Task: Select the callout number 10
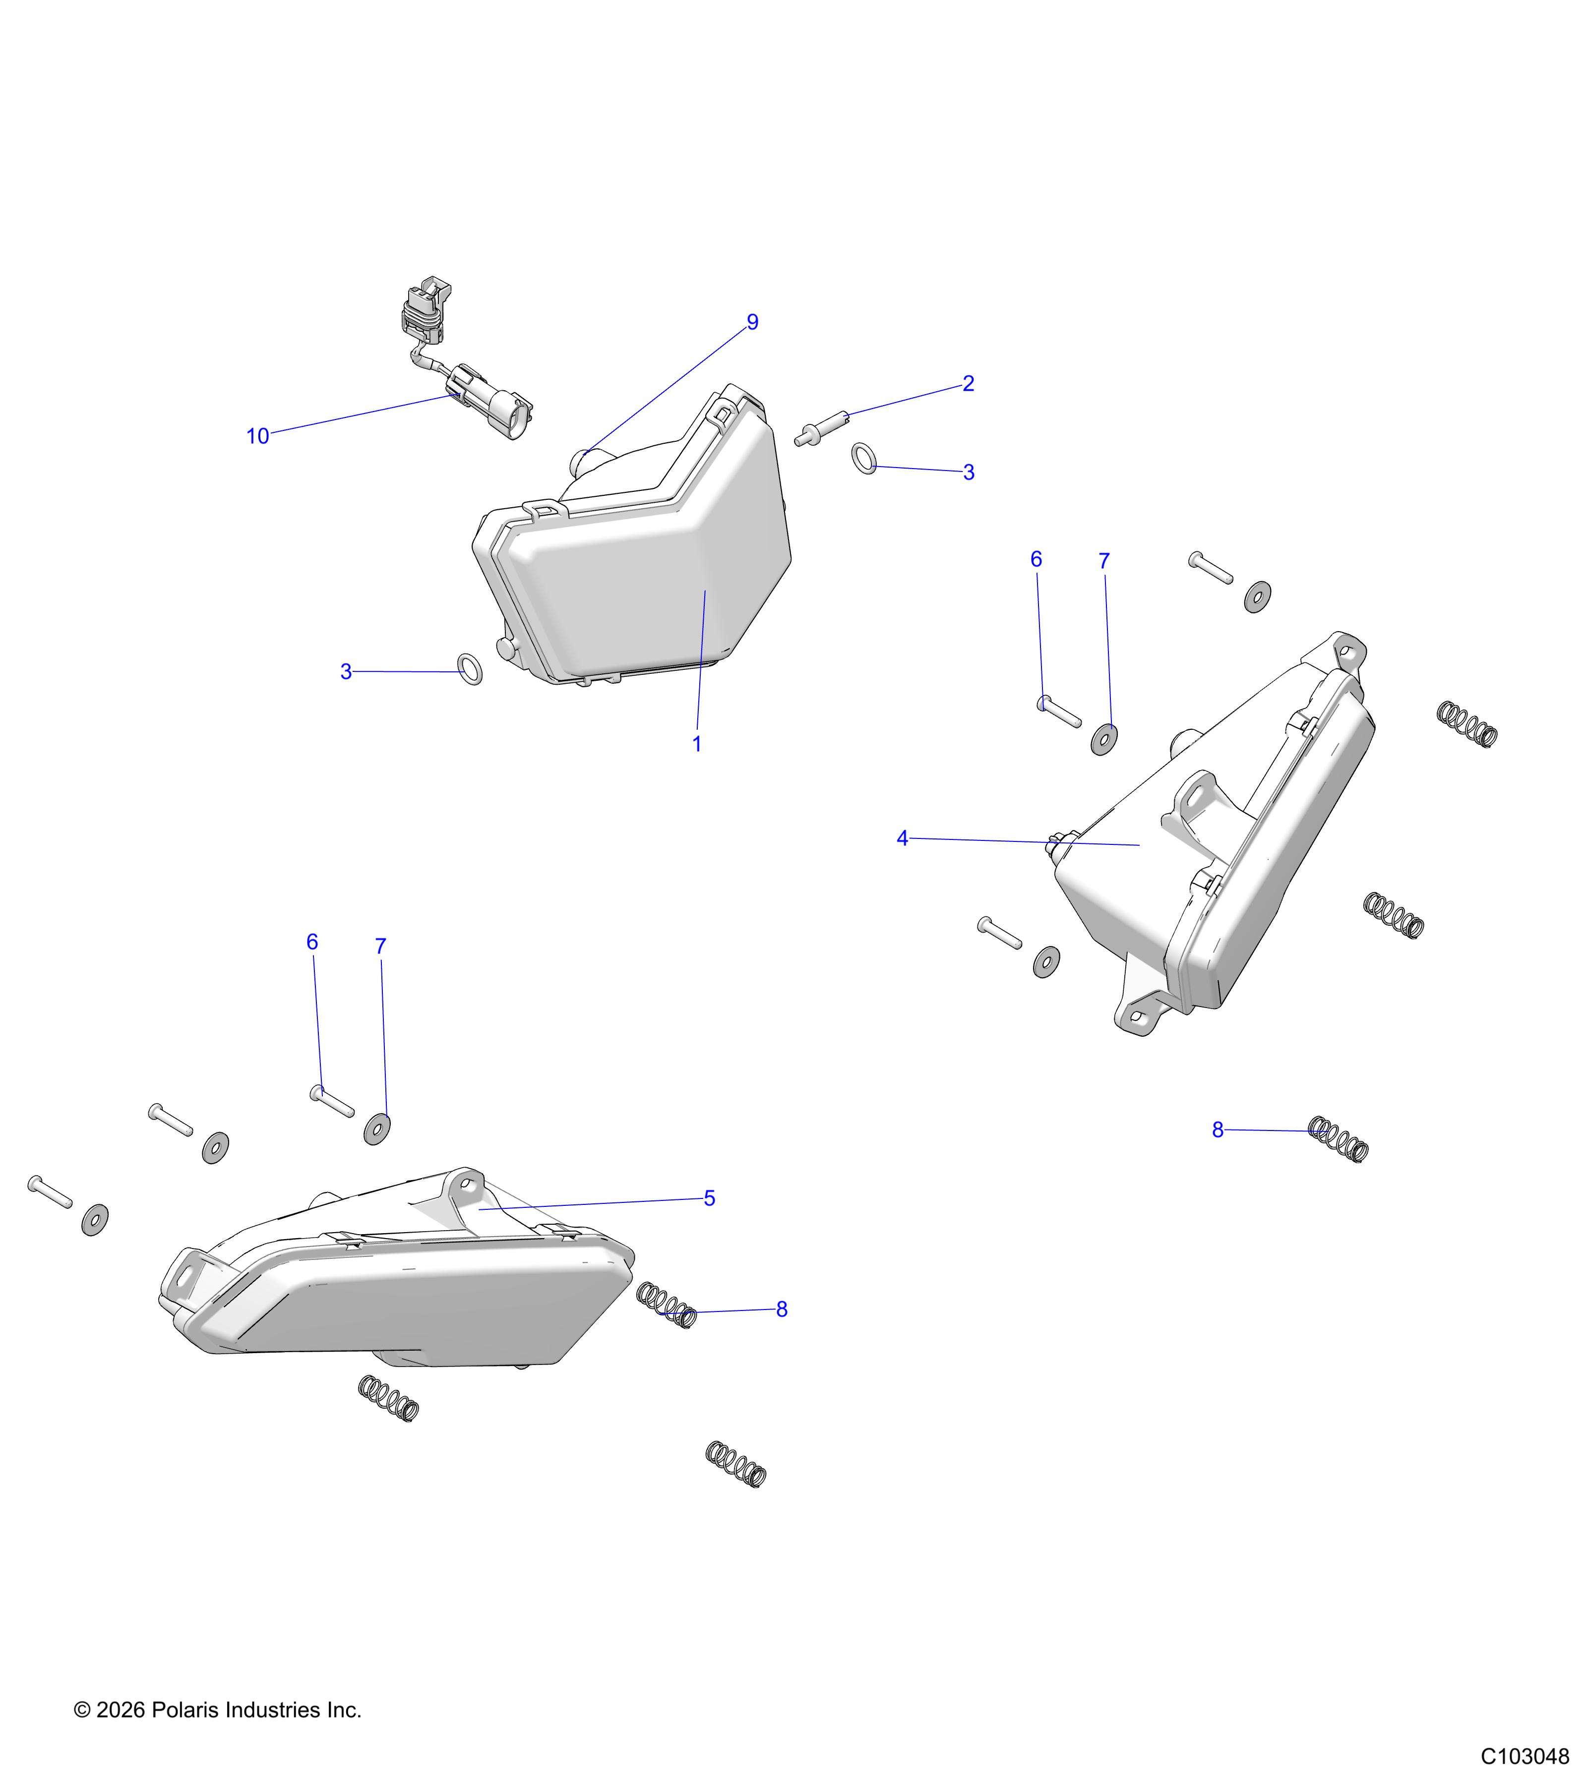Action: pyautogui.click(x=258, y=437)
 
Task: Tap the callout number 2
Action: pyautogui.click(x=968, y=383)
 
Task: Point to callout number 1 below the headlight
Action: pyautogui.click(x=697, y=744)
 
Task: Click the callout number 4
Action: pyautogui.click(x=902, y=838)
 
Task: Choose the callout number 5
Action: pyautogui.click(x=709, y=1198)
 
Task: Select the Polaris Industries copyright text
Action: pyautogui.click(x=218, y=1710)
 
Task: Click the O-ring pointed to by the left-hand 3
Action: pyautogui.click(x=470, y=669)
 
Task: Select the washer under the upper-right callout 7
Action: pyautogui.click(x=1105, y=739)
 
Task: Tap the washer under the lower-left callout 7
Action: pyautogui.click(x=376, y=1129)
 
